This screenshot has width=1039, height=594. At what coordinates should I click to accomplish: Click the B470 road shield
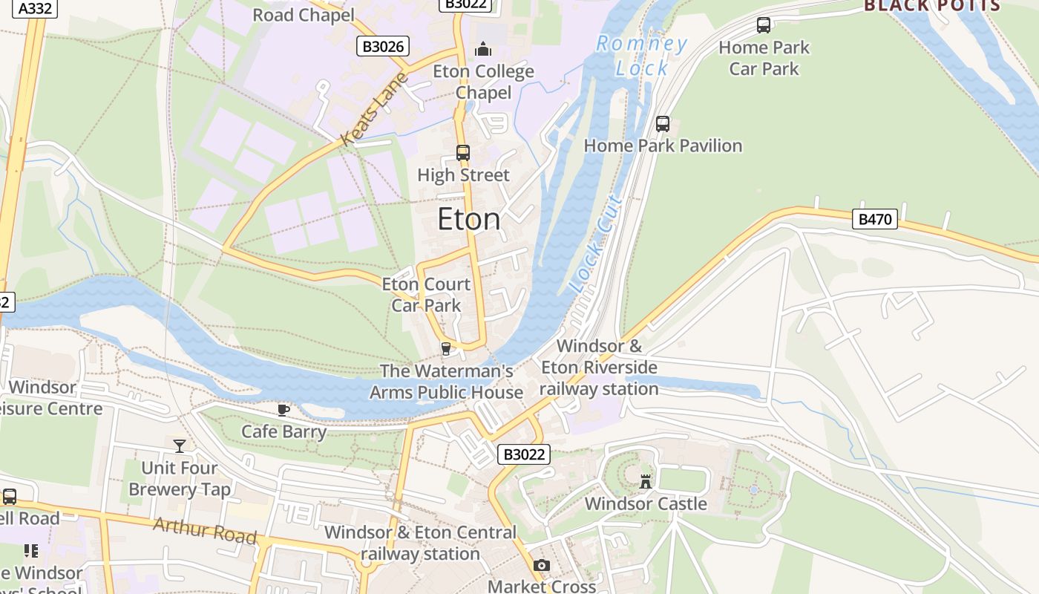tap(875, 219)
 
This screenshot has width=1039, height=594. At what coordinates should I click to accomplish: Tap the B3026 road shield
tap(383, 46)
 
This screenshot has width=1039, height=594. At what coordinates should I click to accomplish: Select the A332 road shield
tap(34, 8)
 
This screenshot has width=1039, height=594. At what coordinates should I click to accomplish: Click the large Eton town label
tap(468, 219)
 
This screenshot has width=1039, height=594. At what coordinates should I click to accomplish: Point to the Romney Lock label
tap(642, 56)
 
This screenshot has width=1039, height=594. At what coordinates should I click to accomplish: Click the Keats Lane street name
tap(375, 108)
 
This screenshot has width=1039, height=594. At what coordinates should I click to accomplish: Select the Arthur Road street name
tap(205, 531)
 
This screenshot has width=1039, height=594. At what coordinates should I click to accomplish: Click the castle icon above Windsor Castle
tap(646, 481)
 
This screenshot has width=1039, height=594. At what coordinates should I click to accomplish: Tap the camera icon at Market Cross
tap(542, 566)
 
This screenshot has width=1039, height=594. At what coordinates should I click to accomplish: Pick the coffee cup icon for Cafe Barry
tap(283, 410)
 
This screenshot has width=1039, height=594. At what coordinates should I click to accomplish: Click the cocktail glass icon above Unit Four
tap(180, 446)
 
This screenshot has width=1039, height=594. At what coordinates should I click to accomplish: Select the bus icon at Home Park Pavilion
tap(663, 124)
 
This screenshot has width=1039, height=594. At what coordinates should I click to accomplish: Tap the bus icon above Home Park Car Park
tap(764, 25)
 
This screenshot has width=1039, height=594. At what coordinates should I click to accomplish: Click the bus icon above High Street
tap(463, 153)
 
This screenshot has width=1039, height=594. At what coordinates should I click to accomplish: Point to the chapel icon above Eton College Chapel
tap(484, 50)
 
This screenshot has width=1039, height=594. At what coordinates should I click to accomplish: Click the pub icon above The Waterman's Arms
tap(446, 348)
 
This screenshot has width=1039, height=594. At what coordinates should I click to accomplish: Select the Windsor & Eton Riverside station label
tap(599, 367)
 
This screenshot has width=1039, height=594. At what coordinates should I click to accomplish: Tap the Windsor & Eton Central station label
tap(420, 543)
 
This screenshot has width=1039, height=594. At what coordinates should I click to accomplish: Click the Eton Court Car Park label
tap(426, 294)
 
